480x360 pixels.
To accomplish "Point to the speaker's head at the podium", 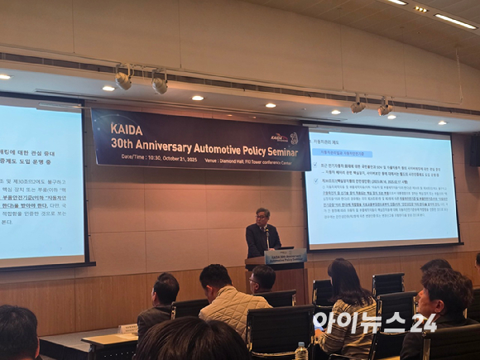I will (x=262, y=215).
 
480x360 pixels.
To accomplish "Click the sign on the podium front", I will (x=285, y=257).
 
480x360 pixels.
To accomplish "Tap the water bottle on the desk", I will (x=301, y=351).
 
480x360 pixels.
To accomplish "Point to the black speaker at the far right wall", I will (x=474, y=149).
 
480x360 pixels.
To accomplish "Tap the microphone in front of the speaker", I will (x=267, y=235).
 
